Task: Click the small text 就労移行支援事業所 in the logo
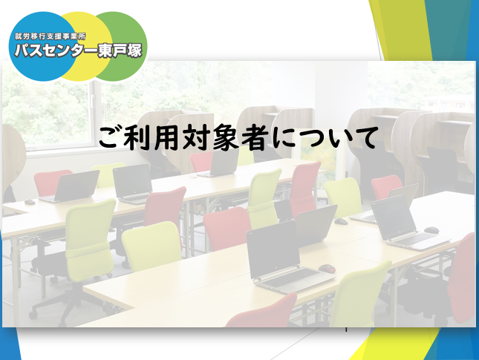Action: (50, 36)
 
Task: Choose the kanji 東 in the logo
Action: (104, 50)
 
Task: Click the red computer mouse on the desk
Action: (327, 269)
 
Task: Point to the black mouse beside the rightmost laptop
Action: (431, 230)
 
